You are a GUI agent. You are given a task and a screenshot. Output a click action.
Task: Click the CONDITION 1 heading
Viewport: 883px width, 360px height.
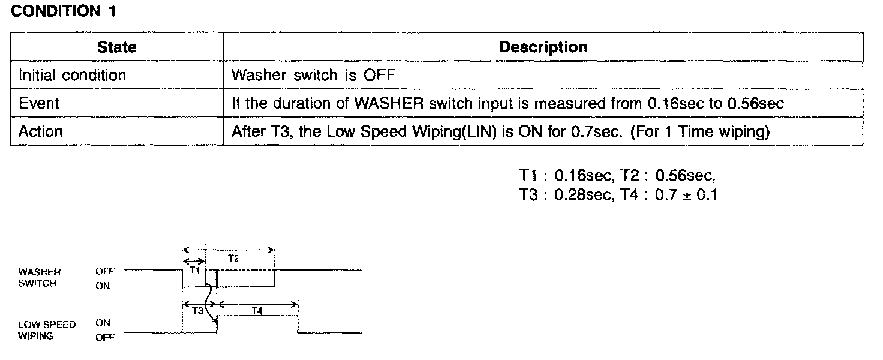click(63, 11)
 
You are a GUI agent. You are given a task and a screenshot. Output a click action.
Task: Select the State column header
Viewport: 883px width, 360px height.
click(116, 47)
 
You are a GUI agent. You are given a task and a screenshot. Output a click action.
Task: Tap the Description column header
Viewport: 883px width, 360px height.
click(543, 47)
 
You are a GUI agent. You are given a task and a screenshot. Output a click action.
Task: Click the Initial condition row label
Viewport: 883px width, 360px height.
click(72, 76)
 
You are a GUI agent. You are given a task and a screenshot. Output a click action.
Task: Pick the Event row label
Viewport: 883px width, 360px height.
click(39, 103)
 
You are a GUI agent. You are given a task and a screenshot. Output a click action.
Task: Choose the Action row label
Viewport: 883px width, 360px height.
click(40, 131)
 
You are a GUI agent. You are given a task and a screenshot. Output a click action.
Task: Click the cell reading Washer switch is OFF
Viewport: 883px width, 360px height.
click(313, 76)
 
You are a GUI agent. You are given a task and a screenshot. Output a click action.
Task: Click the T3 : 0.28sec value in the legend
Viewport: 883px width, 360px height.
click(564, 194)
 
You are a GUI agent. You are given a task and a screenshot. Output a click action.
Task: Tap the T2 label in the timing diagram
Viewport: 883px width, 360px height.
click(234, 258)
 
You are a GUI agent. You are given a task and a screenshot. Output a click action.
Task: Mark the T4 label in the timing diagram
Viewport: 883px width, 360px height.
click(257, 311)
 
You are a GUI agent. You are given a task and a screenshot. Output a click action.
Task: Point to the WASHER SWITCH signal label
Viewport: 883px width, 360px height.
click(40, 278)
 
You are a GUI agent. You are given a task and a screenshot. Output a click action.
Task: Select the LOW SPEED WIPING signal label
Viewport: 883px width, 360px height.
click(47, 330)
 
